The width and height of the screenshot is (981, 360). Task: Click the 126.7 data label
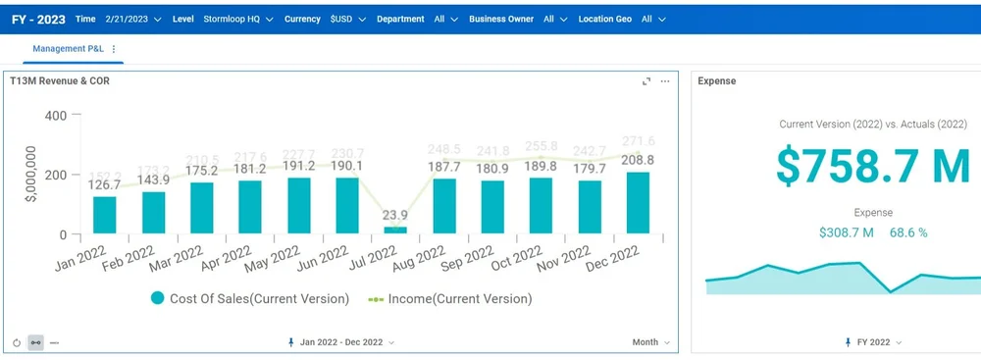click(104, 184)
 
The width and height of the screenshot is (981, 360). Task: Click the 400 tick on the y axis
click(55, 116)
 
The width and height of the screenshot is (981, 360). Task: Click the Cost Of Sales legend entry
click(250, 298)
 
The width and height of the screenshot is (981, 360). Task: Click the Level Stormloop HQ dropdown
click(239, 19)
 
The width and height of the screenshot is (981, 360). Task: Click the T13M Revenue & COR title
click(60, 81)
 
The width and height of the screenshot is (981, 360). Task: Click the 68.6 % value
click(908, 232)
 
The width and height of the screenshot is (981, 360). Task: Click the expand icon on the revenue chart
click(645, 81)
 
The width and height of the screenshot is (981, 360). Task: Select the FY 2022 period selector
click(872, 342)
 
